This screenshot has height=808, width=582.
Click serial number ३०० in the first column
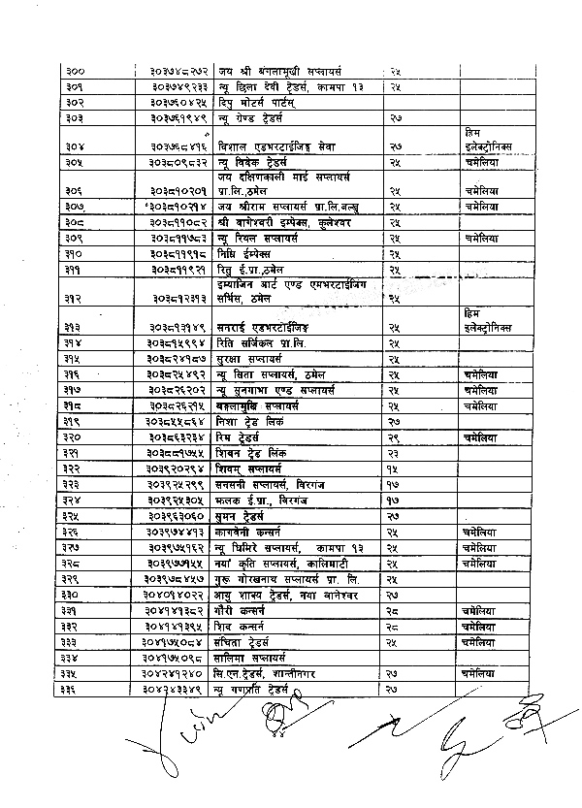click(75, 73)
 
